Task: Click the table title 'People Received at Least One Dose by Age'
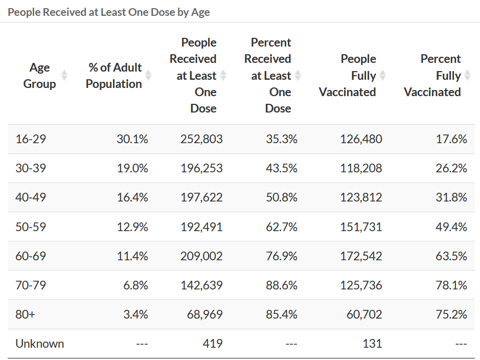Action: tap(109, 12)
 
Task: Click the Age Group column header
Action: tap(39, 76)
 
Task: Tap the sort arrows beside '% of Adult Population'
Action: tap(148, 76)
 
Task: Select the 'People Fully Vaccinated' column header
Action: tap(348, 76)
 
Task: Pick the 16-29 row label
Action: tap(31, 139)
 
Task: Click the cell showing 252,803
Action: tap(201, 139)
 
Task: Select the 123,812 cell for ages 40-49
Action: tap(361, 197)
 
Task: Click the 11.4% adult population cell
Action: tap(132, 256)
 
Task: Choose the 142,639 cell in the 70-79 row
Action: tap(201, 285)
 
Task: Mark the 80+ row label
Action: tap(26, 314)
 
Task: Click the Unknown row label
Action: tap(40, 343)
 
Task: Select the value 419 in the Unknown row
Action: tap(212, 343)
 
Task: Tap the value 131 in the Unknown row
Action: tap(372, 343)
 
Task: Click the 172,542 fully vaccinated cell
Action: tap(361, 256)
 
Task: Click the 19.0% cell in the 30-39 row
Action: tap(132, 168)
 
